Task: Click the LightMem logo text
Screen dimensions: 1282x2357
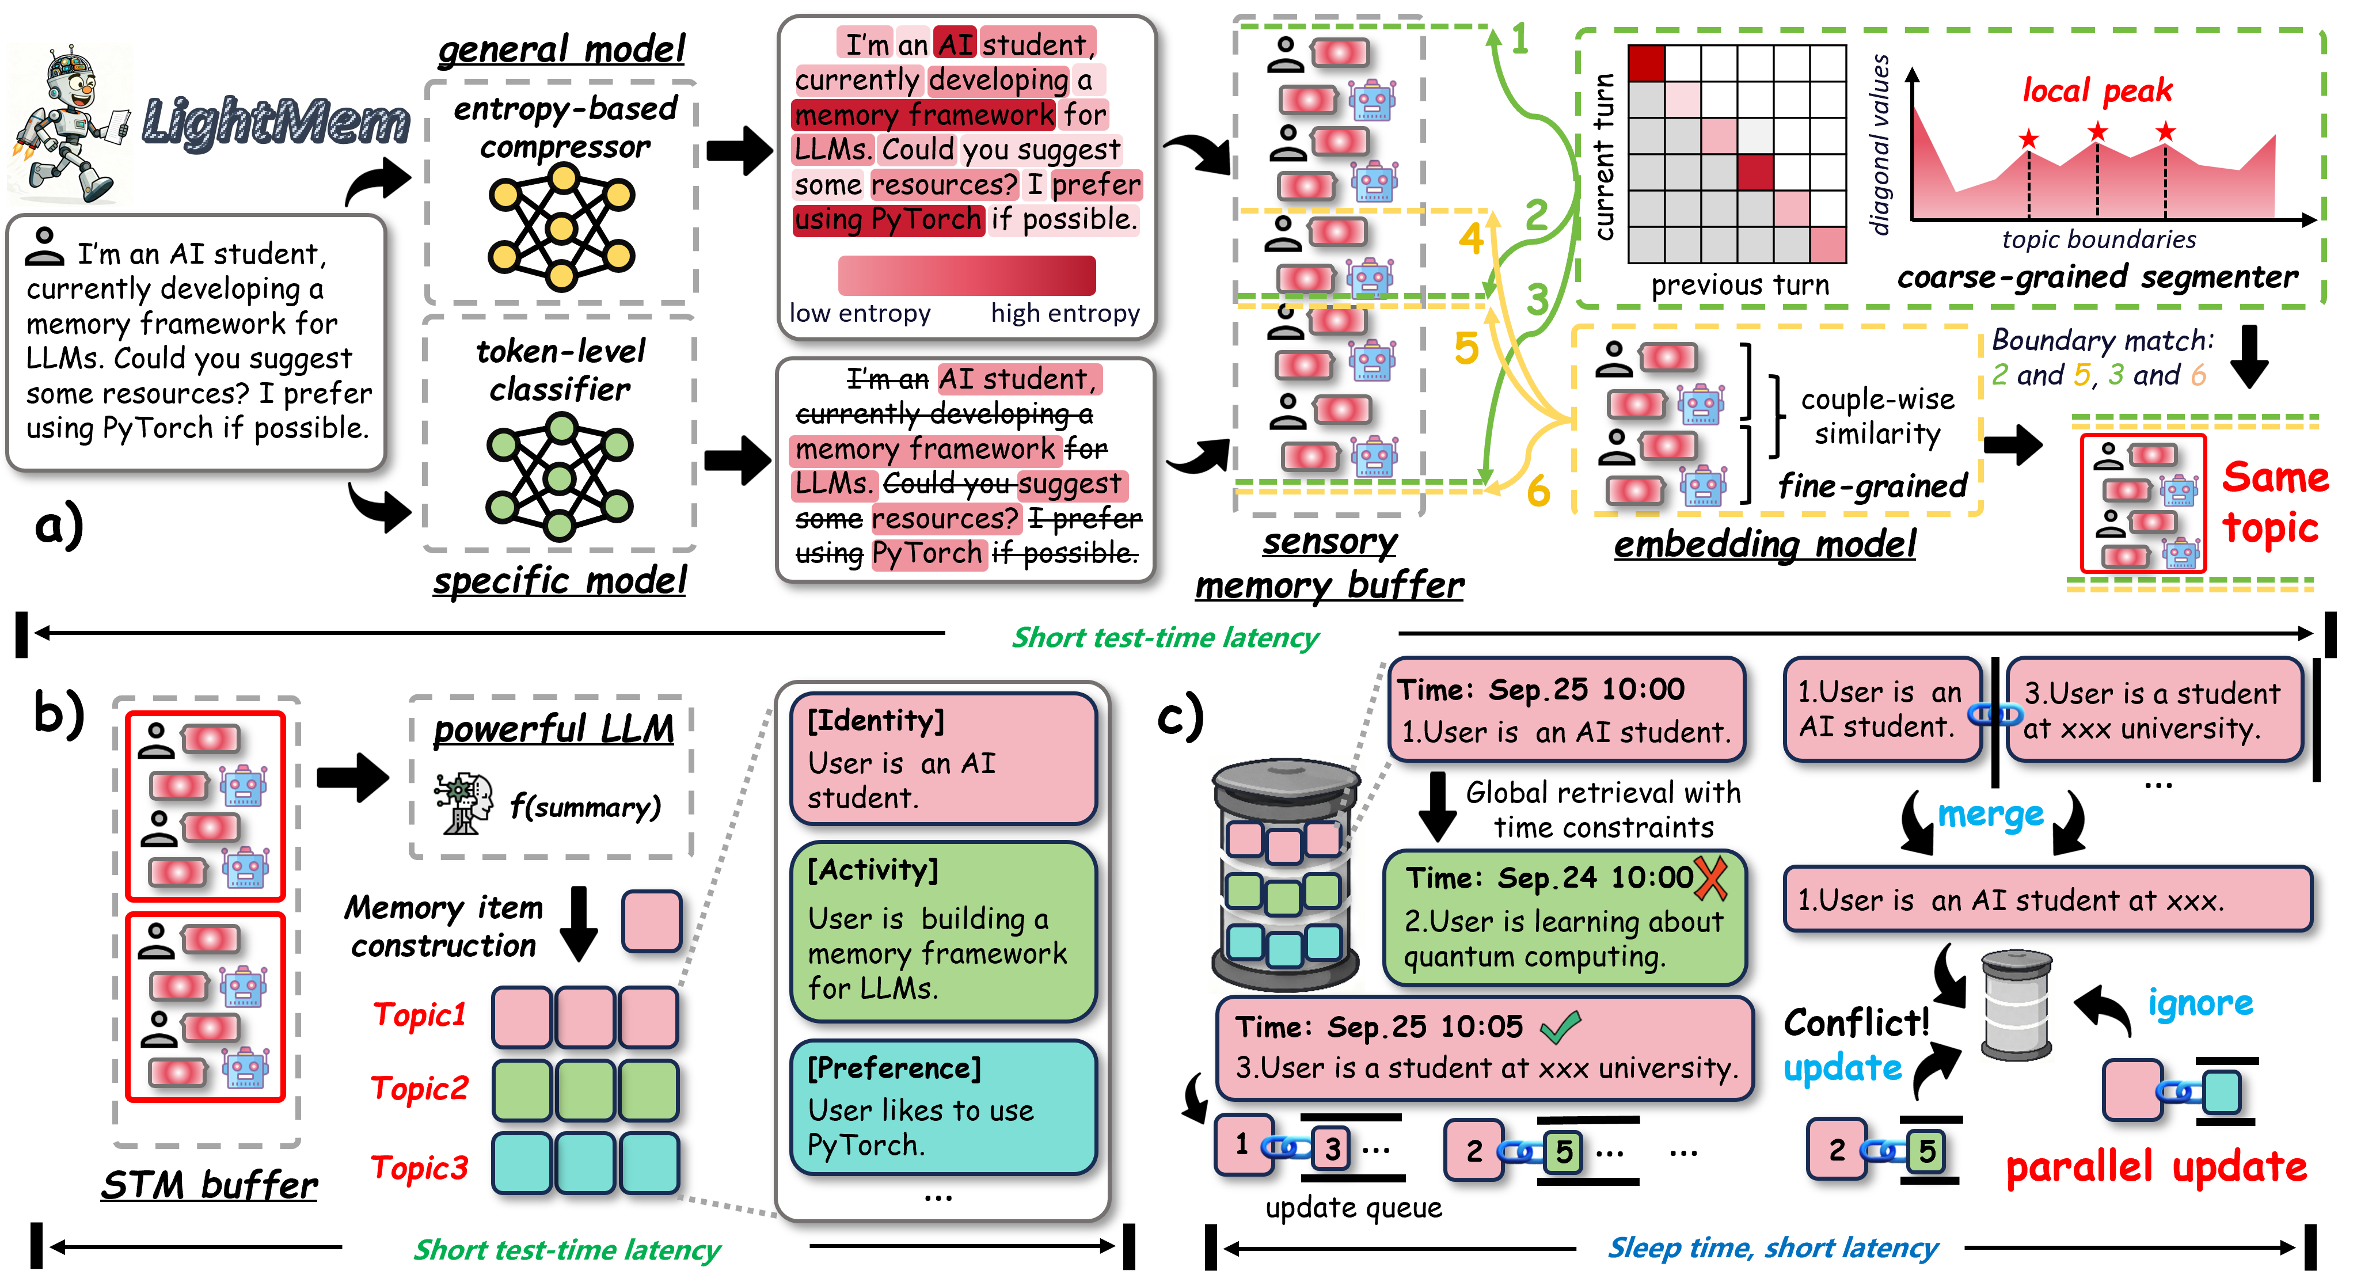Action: (275, 121)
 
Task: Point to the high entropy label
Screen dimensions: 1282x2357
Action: (1065, 313)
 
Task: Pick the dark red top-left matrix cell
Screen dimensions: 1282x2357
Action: (1647, 64)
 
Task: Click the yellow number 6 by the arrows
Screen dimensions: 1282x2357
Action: (1538, 492)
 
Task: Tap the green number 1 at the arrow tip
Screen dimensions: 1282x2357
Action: (1520, 39)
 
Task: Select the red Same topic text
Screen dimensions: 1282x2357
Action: (2275, 503)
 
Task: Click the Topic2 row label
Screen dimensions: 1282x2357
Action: (419, 1088)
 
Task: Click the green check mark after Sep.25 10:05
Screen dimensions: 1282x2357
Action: (1560, 1027)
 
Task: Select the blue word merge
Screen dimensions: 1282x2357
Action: (1990, 813)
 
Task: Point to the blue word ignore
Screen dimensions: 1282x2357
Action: (2200, 1004)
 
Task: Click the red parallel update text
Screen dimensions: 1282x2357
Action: (2155, 1167)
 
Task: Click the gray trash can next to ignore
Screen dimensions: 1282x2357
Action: (2016, 1005)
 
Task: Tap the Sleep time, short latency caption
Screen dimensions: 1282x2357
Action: (1772, 1247)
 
